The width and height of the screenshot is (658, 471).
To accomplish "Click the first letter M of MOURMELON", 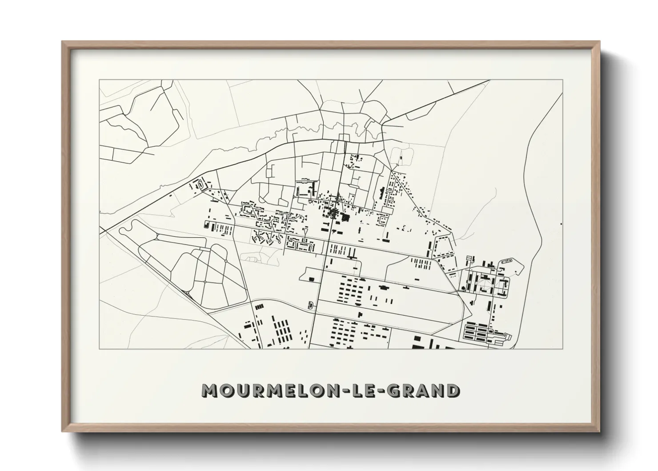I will [x=209, y=390].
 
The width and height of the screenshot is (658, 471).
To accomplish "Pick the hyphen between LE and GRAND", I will [x=381, y=391].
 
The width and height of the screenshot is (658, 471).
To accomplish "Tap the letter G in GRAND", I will [x=394, y=390].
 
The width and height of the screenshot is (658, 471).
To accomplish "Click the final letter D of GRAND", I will [x=453, y=390].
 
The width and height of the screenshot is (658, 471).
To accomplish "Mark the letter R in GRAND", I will [x=409, y=390].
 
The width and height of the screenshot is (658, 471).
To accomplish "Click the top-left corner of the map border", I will [x=99, y=80].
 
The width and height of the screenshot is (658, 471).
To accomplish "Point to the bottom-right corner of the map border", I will [x=563, y=349].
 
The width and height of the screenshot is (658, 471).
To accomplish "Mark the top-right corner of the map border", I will [x=563, y=80].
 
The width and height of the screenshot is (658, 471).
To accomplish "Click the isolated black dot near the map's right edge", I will [x=562, y=224].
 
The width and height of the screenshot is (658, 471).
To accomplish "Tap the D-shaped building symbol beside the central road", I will [x=310, y=305].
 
